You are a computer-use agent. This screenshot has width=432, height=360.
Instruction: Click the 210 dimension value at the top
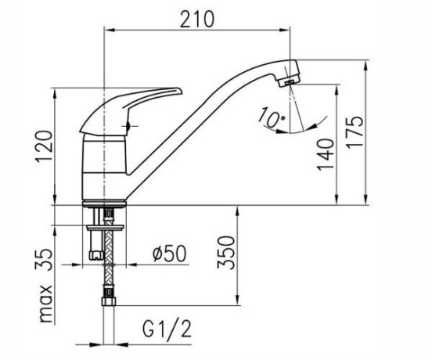(196, 20)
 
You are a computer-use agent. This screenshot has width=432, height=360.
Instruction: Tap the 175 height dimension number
(355, 133)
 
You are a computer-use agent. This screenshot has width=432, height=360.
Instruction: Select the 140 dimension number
(325, 154)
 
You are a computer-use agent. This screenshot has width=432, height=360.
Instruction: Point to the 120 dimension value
(44, 146)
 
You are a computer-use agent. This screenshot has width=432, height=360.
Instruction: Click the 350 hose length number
(225, 252)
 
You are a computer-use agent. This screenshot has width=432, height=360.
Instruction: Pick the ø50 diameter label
(170, 253)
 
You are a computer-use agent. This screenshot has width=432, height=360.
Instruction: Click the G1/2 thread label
(167, 329)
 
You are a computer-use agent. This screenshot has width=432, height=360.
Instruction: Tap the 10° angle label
(272, 117)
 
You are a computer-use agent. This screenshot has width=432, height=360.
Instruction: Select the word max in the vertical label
(46, 304)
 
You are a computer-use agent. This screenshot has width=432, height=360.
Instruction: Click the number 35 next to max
(44, 260)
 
